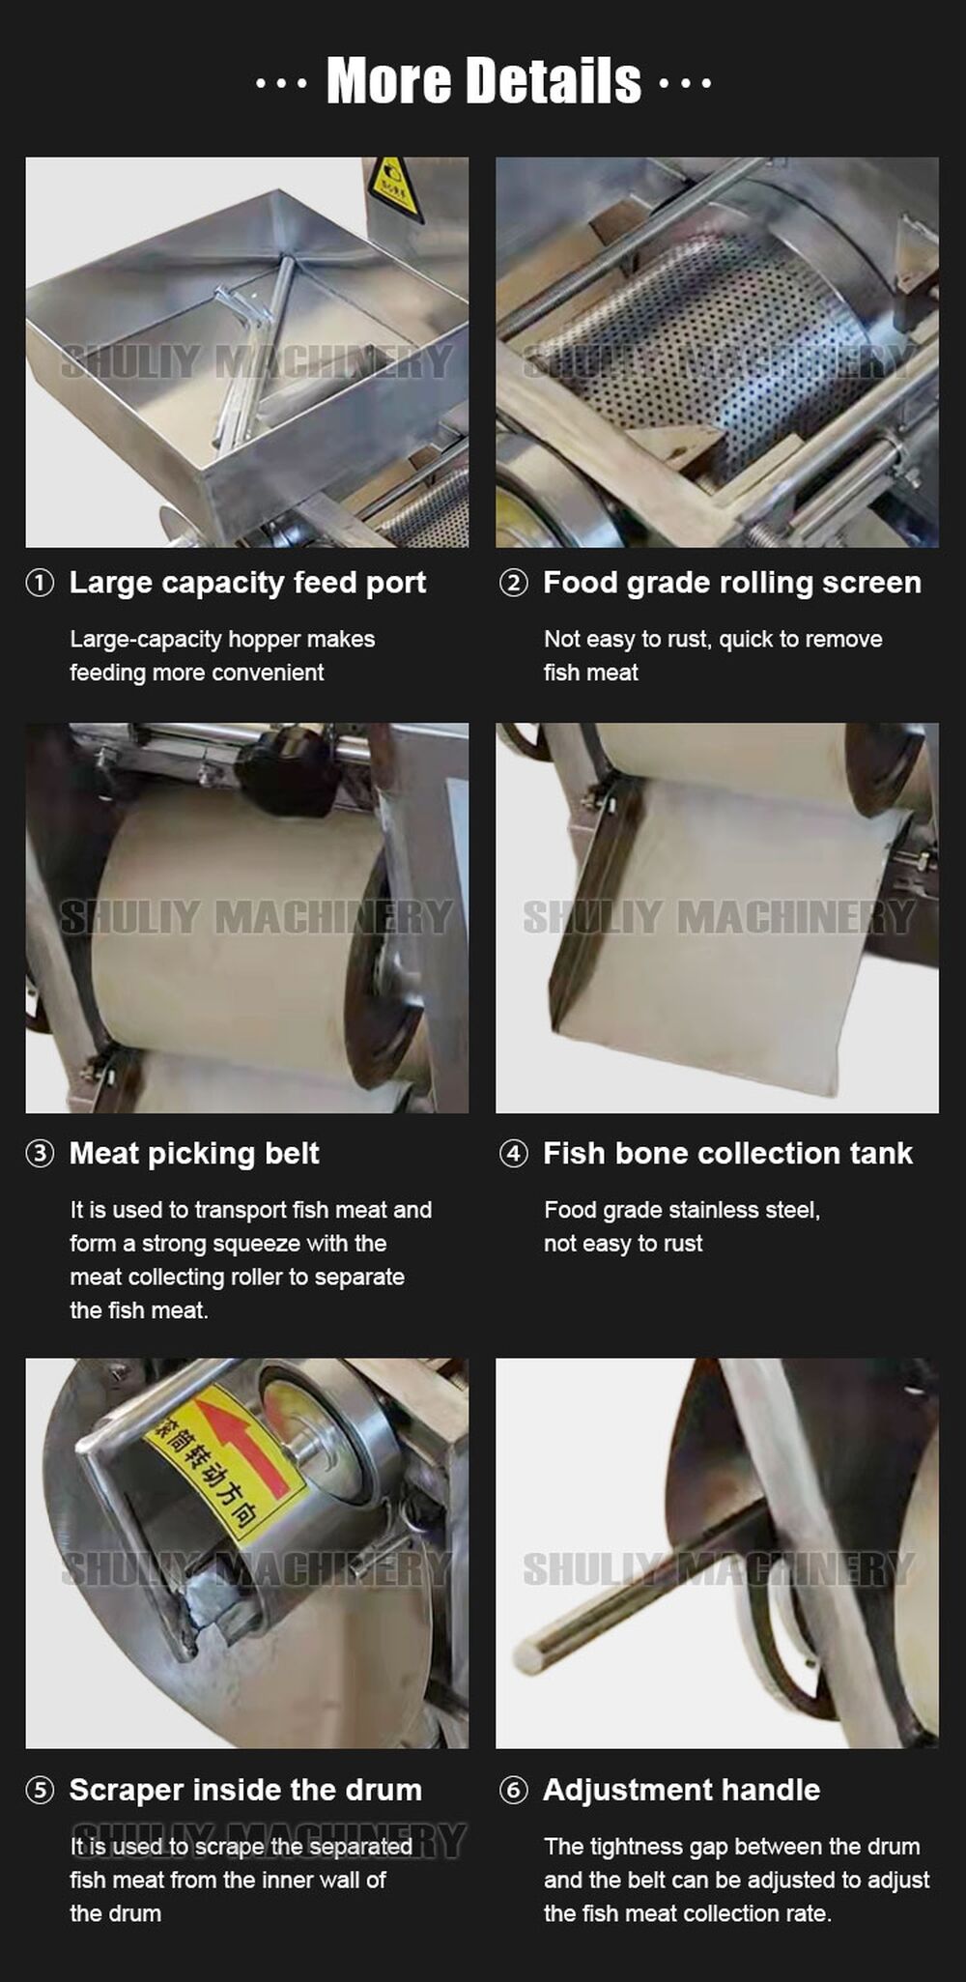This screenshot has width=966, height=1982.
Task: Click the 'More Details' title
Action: click(x=483, y=80)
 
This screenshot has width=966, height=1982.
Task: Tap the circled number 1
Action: click(x=40, y=584)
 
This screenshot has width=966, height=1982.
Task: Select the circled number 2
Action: click(x=514, y=584)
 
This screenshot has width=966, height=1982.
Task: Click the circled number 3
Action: click(x=40, y=1154)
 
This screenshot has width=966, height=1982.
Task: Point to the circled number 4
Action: click(x=514, y=1154)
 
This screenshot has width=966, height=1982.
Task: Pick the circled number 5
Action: click(x=40, y=1791)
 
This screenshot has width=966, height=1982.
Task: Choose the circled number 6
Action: click(x=514, y=1791)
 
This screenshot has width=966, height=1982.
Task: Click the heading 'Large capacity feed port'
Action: click(x=247, y=583)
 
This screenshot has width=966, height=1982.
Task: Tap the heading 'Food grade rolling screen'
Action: click(x=731, y=583)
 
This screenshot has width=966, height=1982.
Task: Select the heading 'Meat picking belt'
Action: click(x=194, y=1153)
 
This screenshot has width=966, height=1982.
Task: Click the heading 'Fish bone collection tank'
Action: click(x=727, y=1153)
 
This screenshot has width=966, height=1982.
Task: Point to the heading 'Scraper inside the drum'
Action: click(x=245, y=1790)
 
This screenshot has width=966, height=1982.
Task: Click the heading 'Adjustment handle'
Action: click(x=681, y=1790)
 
